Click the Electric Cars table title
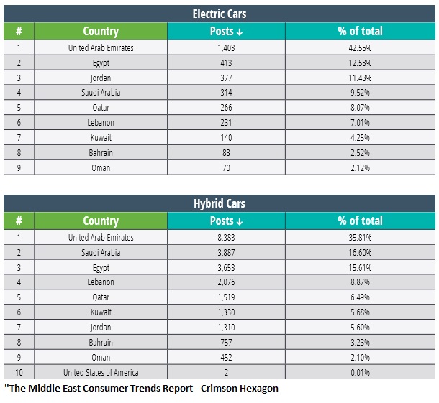tap(219, 14)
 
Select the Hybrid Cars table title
tap(219, 203)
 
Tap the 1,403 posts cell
tap(226, 48)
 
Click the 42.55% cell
tap(360, 48)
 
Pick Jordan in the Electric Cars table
tap(101, 78)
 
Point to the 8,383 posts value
tap(226, 238)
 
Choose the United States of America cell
tap(101, 372)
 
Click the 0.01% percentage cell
tap(360, 372)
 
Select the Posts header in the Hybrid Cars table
tap(226, 221)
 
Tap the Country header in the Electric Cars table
tap(101, 32)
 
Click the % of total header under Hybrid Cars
tap(360, 221)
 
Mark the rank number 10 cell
tap(19, 372)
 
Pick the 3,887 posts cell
tap(226, 253)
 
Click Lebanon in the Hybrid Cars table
tap(101, 282)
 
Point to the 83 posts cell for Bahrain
tap(226, 152)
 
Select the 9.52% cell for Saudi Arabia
tap(360, 92)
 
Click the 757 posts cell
tap(226, 343)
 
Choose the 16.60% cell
tap(360, 253)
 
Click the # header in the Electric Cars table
tap(19, 31)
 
